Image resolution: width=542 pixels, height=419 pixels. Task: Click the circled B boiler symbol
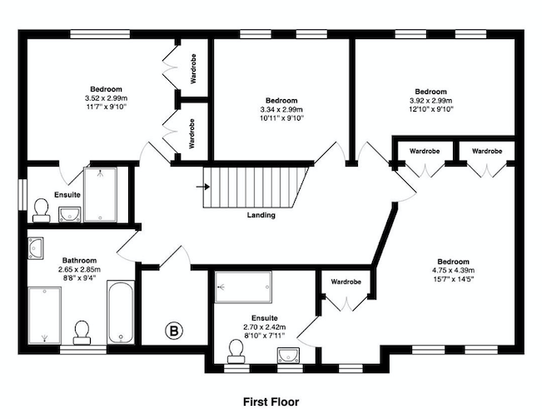pos(174,332)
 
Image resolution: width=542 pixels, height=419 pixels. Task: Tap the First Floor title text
pos(271,402)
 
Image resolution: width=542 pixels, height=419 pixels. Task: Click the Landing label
pos(261,215)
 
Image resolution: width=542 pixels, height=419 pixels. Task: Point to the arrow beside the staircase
pos(203,187)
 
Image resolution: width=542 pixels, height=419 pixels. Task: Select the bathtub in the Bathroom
pos(121,312)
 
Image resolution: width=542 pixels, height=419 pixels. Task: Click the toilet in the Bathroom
pos(82,332)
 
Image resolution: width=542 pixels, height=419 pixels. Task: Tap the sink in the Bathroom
pos(36,248)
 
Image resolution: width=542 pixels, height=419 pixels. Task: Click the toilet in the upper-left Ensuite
pos(42,210)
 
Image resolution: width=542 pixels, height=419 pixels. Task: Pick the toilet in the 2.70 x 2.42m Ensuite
pos(236,351)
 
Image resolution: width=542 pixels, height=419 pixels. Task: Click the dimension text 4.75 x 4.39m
pos(453,271)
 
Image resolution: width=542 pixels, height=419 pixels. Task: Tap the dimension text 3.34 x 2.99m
pos(281,110)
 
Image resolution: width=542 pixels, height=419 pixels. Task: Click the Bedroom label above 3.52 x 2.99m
pos(106,89)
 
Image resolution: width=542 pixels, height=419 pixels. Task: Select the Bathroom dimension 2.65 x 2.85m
pos(79,269)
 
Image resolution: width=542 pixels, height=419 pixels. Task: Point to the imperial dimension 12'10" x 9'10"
pos(430,109)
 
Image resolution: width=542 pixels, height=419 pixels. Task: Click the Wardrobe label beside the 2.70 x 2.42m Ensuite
pos(346,282)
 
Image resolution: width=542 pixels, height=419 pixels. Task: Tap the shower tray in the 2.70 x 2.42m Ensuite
pos(243,287)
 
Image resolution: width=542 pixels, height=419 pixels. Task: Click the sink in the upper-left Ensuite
pos(69,214)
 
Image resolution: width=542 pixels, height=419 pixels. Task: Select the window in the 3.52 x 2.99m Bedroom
pos(100,34)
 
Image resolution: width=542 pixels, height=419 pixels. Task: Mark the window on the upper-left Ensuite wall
pos(22,194)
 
